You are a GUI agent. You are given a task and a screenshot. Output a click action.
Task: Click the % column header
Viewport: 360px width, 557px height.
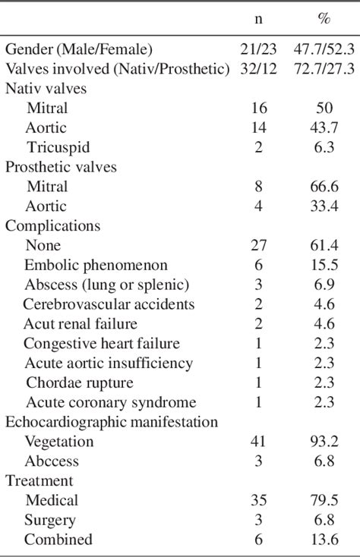pyautogui.click(x=324, y=20)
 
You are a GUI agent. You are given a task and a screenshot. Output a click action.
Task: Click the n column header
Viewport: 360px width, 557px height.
pyautogui.click(x=258, y=20)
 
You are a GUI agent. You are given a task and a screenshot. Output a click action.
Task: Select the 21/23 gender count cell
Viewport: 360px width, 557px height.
pyautogui.click(x=258, y=49)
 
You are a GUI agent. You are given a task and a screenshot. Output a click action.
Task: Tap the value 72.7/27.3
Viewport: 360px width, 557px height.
pyautogui.click(x=324, y=69)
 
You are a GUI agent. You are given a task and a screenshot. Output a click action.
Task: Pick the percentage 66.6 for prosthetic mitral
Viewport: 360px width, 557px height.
pyautogui.click(x=324, y=187)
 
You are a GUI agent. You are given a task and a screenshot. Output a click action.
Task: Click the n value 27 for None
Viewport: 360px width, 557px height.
pyautogui.click(x=258, y=246)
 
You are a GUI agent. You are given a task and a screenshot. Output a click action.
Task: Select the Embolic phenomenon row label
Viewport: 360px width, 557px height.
pyautogui.click(x=96, y=266)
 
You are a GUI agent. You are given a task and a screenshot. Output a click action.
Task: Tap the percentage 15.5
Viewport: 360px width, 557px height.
pyautogui.click(x=324, y=266)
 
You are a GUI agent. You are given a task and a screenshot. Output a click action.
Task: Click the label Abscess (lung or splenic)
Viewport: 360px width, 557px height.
pyautogui.click(x=106, y=285)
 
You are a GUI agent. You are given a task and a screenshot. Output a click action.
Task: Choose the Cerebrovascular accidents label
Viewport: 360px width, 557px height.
pyautogui.click(x=109, y=304)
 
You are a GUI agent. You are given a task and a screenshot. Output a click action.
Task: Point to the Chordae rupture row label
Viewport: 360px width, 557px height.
pyautogui.click(x=80, y=382)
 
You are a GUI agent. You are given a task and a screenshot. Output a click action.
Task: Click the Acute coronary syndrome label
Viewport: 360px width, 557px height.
pyautogui.click(x=111, y=402)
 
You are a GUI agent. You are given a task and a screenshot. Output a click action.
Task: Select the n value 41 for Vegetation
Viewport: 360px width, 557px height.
pyautogui.click(x=258, y=442)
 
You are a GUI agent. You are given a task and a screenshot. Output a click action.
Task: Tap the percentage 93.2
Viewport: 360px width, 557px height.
pyautogui.click(x=324, y=442)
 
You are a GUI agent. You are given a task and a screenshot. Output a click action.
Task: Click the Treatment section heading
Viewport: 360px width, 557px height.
pyautogui.click(x=39, y=481)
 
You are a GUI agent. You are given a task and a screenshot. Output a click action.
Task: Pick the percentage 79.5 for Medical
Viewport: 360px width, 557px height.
pyautogui.click(x=324, y=501)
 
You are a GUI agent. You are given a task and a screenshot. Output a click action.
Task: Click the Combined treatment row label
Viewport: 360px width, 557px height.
pyautogui.click(x=58, y=540)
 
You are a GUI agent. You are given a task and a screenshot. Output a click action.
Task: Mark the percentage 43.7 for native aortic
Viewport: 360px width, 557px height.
pyautogui.click(x=324, y=128)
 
